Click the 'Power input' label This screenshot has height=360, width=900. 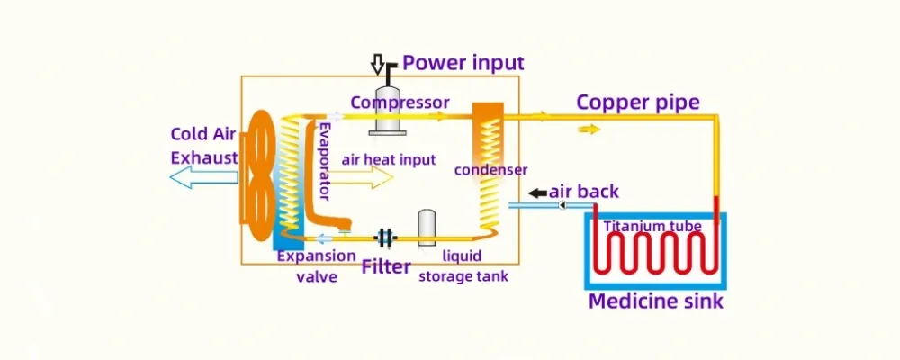coord(463,63)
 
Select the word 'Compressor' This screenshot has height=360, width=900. coord(400,102)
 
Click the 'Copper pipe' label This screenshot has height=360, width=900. coord(637,102)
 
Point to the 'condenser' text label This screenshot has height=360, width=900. coord(490,169)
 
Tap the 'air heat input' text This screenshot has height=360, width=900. coord(389,159)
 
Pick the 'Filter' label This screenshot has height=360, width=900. coord(386,266)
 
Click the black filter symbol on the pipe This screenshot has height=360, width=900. coord(385,238)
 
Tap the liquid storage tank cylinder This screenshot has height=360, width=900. coord(427,226)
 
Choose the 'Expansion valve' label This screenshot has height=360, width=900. coord(316,266)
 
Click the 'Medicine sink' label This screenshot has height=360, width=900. coord(655,301)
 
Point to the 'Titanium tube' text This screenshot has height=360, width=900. coord(652,225)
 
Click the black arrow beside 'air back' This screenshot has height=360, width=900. coord(537,193)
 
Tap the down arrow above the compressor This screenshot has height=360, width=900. coord(378,64)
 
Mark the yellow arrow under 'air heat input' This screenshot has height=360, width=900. coord(366,177)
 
